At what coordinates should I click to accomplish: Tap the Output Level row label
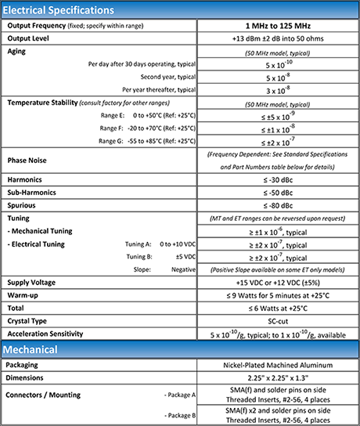tap(32, 38)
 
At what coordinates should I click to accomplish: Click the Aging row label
tap(19, 50)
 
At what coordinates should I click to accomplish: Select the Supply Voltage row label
tap(36, 281)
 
